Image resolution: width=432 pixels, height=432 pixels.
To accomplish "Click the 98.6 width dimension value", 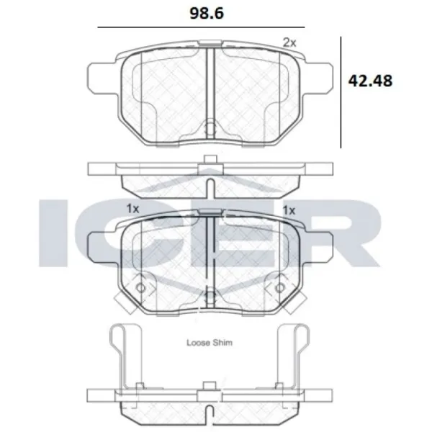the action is click(207, 13).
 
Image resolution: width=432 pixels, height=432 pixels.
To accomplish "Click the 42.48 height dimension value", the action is click(370, 81).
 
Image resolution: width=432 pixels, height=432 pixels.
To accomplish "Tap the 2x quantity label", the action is click(289, 42).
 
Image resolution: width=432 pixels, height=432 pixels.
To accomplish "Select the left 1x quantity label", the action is click(132, 209).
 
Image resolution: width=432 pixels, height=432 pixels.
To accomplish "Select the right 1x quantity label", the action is click(289, 210).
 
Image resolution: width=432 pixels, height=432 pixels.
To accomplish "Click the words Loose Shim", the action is click(210, 343).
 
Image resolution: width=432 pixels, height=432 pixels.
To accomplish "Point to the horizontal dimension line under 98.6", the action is click(201, 27).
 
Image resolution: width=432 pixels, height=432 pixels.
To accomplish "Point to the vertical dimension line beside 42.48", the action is click(341, 92).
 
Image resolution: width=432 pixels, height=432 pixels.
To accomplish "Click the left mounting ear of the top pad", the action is click(103, 78).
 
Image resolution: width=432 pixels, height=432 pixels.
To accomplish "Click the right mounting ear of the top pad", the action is click(318, 78).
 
